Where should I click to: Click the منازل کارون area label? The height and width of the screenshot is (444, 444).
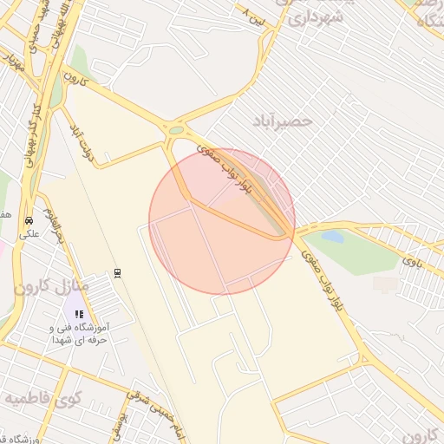tap(51, 285)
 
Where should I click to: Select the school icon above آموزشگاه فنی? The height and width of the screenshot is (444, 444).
tap(78, 314)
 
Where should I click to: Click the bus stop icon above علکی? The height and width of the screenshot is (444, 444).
tap(29, 220)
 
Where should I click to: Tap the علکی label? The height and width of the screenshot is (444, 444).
tap(28, 234)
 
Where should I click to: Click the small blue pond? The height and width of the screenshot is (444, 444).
tap(332, 236)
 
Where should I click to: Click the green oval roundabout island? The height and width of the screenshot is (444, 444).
tap(177, 131)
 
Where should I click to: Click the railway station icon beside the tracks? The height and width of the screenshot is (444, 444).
tap(117, 273)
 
